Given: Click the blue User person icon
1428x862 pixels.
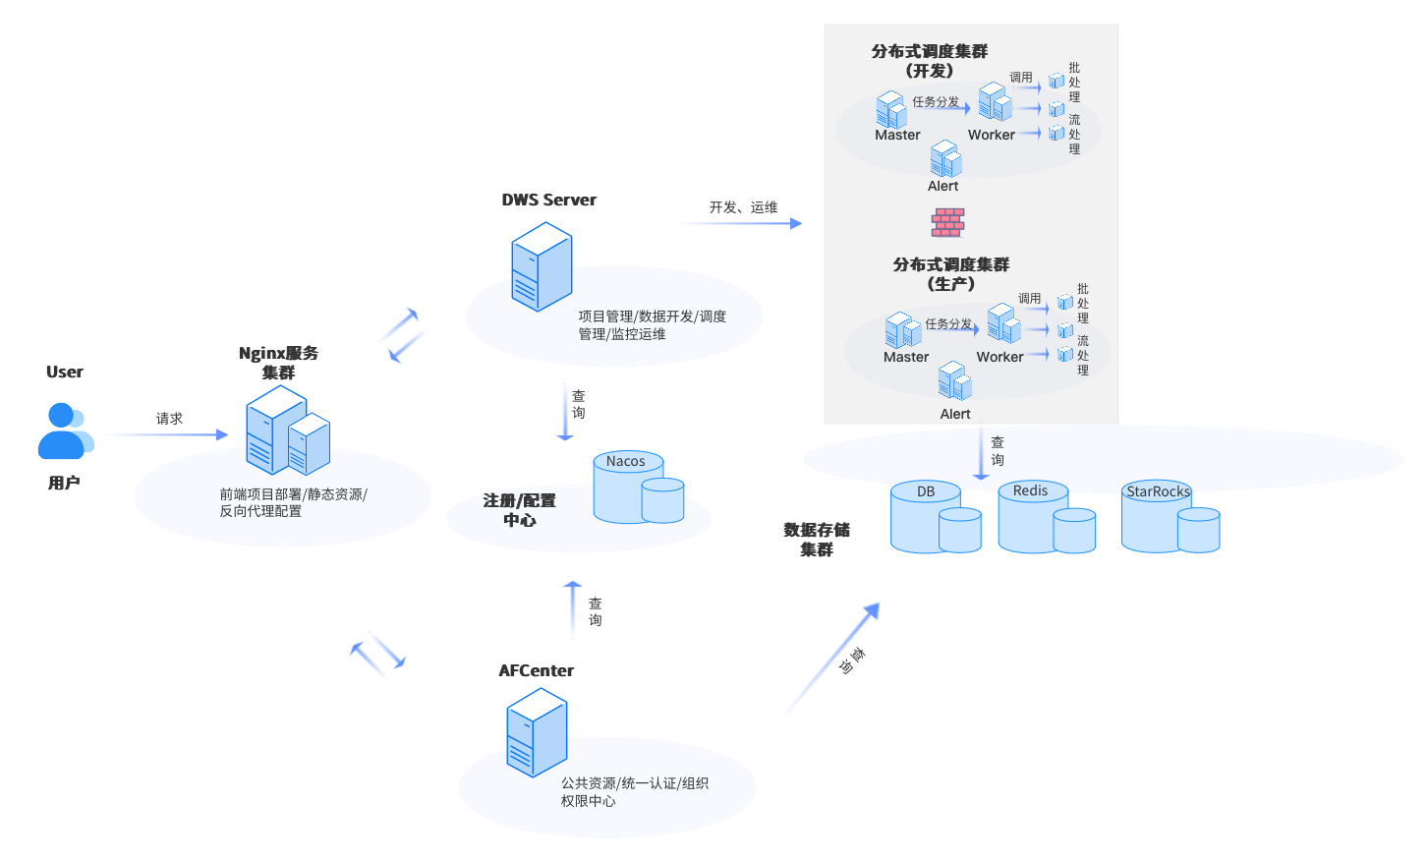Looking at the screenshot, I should (65, 431).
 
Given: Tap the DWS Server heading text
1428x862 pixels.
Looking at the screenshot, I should (548, 200).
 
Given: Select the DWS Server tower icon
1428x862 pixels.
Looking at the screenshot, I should (541, 266).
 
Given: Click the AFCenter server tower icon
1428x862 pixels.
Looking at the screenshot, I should (537, 732).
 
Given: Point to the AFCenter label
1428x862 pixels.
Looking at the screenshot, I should (536, 670).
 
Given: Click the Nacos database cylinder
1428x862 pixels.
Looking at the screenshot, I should (638, 488).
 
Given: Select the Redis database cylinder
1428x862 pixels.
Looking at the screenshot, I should (1046, 517).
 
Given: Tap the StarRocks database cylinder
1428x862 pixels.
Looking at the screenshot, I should (1170, 517).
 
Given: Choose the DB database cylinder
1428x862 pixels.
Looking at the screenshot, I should (935, 517).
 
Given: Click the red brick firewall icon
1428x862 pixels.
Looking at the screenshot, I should (947, 222).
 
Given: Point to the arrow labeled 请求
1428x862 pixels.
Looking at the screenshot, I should (167, 434).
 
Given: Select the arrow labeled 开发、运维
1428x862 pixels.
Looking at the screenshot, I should (742, 223).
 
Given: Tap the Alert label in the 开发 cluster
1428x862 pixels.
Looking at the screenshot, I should (942, 186).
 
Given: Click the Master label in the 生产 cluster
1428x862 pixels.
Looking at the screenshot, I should (905, 357).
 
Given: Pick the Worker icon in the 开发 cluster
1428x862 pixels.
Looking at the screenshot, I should (995, 102).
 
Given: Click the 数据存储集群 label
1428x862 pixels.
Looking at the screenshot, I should (817, 540).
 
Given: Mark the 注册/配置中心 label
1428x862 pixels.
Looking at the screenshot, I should (519, 510).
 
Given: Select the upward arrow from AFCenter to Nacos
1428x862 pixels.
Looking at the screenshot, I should (573, 609).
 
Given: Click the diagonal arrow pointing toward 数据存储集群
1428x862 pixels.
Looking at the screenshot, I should (833, 657).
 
